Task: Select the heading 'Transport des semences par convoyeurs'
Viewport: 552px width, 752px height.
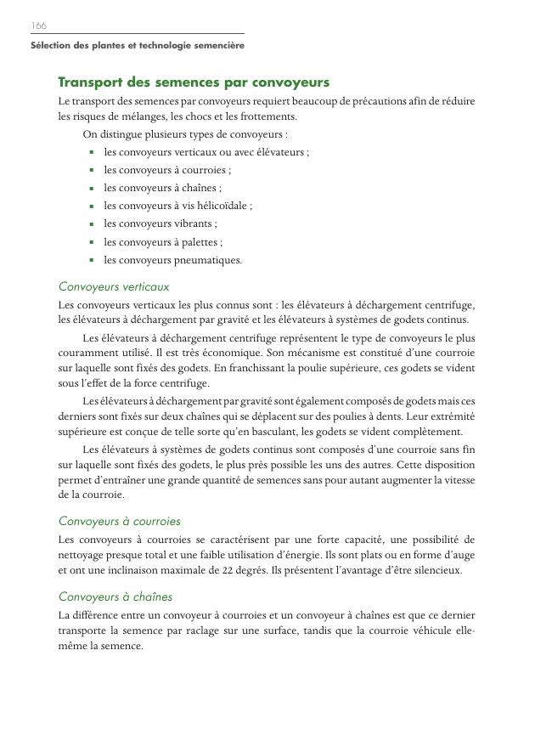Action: pyautogui.click(x=194, y=82)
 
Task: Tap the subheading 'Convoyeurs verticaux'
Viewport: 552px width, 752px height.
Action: pyautogui.click(x=114, y=287)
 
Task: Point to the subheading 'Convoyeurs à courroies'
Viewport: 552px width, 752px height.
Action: pyautogui.click(x=120, y=521)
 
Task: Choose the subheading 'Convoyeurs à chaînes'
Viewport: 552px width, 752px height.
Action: pyautogui.click(x=115, y=597)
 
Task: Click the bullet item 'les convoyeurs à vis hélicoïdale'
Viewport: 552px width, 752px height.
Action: pyautogui.click(x=177, y=206)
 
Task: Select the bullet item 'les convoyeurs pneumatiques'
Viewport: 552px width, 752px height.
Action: pyautogui.click(x=172, y=260)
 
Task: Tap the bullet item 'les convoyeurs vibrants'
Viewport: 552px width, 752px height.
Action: pyautogui.click(x=160, y=223)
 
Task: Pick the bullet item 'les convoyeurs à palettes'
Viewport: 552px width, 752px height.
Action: pyautogui.click(x=163, y=242)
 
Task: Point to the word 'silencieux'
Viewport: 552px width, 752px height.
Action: pyautogui.click(x=437, y=570)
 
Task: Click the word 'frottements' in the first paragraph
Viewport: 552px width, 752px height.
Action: pyautogui.click(x=269, y=116)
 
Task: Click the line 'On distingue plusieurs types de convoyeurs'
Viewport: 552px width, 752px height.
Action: pyautogui.click(x=185, y=134)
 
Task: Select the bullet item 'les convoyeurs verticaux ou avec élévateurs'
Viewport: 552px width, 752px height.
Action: pyautogui.click(x=206, y=152)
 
